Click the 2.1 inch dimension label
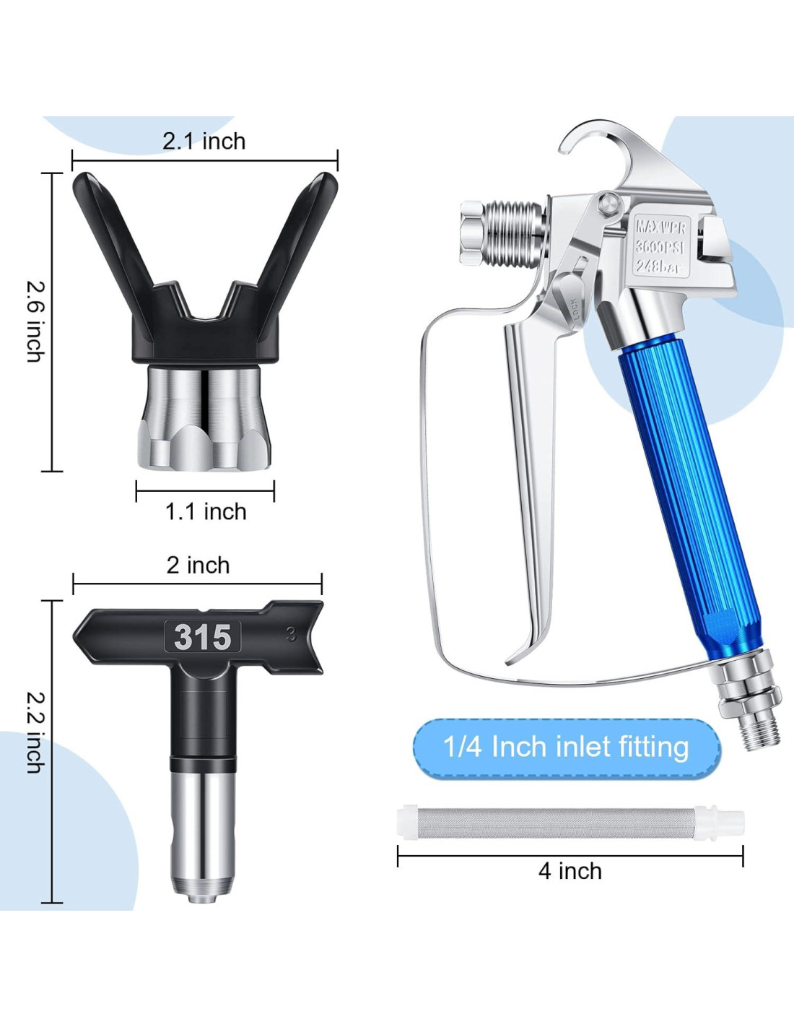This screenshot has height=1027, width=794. click(x=204, y=142)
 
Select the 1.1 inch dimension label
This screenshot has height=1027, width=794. click(x=206, y=512)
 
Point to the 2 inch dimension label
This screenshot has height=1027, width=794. click(x=198, y=565)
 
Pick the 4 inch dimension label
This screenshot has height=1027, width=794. click(x=570, y=870)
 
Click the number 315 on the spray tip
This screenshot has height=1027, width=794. click(x=203, y=636)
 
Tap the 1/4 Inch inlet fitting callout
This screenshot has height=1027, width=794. click(x=567, y=747)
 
